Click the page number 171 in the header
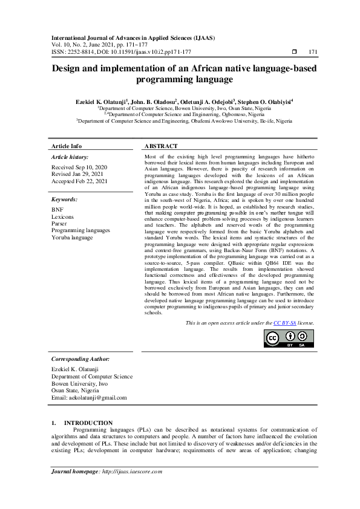[x=313, y=52]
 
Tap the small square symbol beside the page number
[x=294, y=52]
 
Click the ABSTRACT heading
[x=162, y=146]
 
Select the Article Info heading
[x=67, y=146]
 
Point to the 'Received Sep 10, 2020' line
[x=79, y=166]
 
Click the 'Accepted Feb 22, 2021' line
[x=79, y=181]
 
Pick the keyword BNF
[x=57, y=209]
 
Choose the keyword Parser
[x=60, y=223]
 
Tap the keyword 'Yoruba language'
[x=73, y=238]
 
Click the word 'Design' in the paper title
[x=68, y=68]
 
